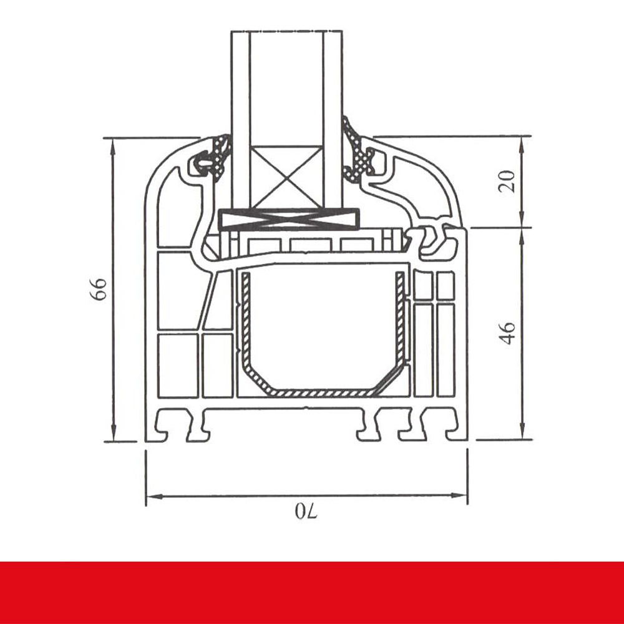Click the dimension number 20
coord(509,181)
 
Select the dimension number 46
coord(509,333)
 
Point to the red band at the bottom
coord(312,592)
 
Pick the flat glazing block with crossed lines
coord(290,219)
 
